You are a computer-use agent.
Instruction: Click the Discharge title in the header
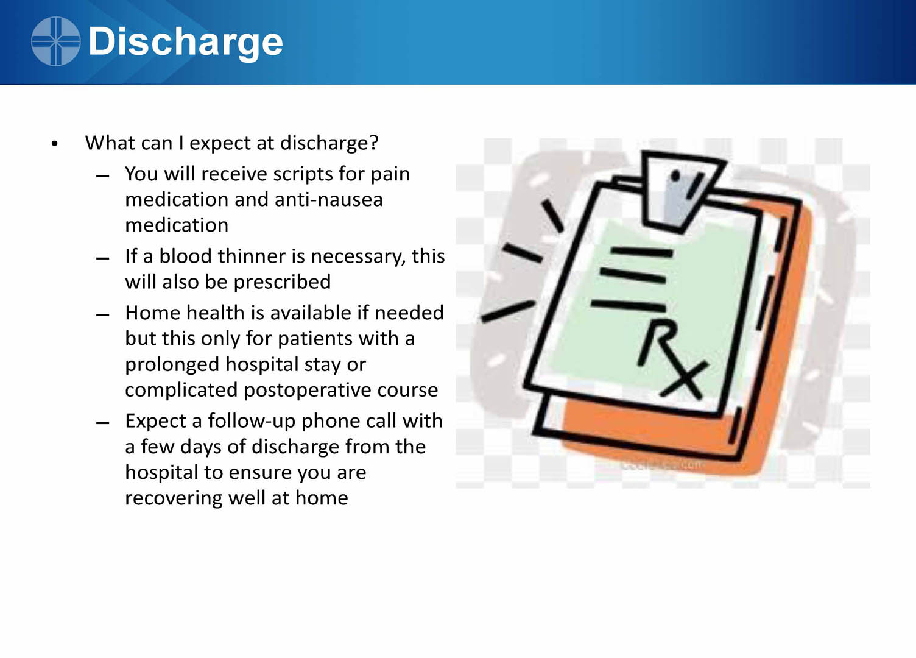pos(185,42)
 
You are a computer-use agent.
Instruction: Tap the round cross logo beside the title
pos(55,41)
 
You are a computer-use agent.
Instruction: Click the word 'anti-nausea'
pos(328,200)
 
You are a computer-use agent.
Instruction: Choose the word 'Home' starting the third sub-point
pos(152,313)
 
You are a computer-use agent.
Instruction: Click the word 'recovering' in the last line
pos(174,499)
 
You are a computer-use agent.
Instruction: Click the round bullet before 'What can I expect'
pos(55,144)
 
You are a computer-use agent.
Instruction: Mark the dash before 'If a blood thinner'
pos(103,258)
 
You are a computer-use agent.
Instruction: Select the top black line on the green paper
pos(641,252)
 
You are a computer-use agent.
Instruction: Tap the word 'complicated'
pos(181,390)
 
